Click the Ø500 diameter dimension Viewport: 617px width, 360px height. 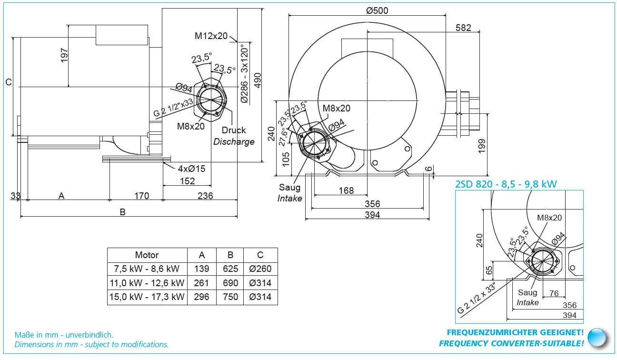click(378, 11)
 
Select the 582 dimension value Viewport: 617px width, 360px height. click(463, 28)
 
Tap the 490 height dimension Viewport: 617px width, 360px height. click(258, 84)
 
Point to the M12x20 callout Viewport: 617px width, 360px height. click(211, 36)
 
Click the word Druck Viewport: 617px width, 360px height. click(234, 130)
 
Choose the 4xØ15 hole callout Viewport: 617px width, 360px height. click(192, 168)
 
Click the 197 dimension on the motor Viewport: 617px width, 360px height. click(65, 55)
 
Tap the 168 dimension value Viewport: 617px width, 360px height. click(346, 190)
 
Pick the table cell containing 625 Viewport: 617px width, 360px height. click(230, 269)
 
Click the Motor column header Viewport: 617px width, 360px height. click(147, 255)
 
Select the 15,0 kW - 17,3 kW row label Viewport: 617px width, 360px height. click(147, 297)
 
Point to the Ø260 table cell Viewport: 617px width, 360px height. click(260, 269)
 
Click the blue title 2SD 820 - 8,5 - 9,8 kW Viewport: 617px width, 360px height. click(506, 184)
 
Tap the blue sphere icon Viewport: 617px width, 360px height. click(597, 337)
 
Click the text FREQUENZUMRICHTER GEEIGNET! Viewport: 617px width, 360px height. click(515, 332)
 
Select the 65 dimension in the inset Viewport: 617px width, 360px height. click(489, 270)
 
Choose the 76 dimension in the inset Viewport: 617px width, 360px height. click(554, 293)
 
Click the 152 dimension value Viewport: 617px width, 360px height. click(188, 181)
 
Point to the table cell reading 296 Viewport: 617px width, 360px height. click(201, 297)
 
